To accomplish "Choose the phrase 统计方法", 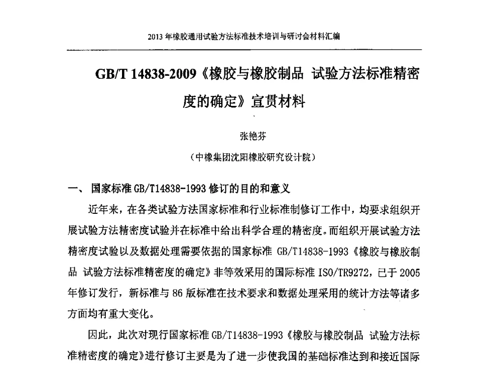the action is point(358,292).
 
